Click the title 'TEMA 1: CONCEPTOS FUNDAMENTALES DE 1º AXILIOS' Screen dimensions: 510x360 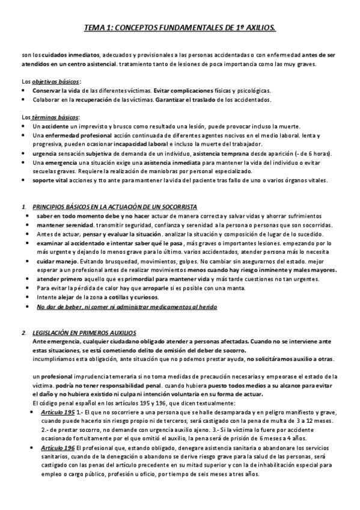(x=180, y=28)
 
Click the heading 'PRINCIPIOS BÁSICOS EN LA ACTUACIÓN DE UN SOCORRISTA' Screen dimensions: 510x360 (x=114, y=207)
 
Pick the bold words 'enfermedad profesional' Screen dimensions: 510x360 (x=73, y=137)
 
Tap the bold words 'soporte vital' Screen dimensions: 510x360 (x=51, y=180)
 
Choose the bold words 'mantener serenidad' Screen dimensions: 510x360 (x=63, y=225)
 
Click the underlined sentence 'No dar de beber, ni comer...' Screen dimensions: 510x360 (x=126, y=307)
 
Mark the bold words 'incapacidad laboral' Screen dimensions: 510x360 (x=136, y=145)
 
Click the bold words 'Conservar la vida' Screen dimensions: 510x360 (x=54, y=90)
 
